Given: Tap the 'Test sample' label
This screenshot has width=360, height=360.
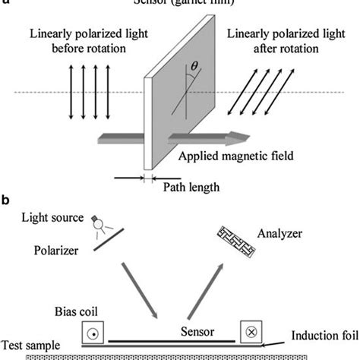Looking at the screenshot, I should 32,345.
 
